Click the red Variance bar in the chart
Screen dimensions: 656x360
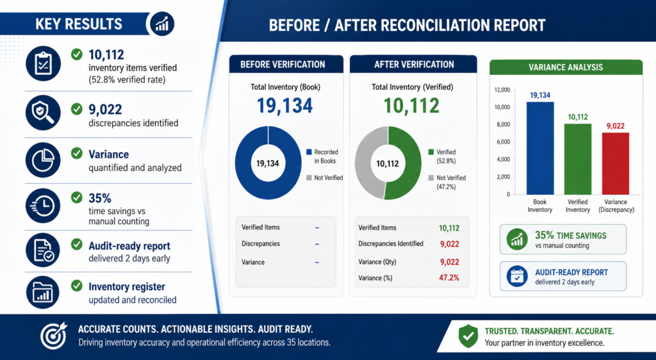click(x=616, y=163)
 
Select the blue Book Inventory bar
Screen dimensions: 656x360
click(x=539, y=149)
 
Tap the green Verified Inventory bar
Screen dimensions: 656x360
click(x=578, y=160)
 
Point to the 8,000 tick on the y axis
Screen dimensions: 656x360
click(x=502, y=125)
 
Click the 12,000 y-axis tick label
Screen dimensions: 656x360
click(x=502, y=90)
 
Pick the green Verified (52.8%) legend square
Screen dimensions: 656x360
click(x=431, y=152)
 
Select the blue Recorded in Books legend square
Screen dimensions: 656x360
click(x=309, y=152)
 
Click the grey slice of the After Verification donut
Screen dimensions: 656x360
click(x=363, y=163)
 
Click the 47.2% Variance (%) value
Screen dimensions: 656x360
click(x=449, y=277)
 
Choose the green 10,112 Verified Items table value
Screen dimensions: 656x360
click(x=449, y=228)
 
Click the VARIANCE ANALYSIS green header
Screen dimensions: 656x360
click(x=566, y=67)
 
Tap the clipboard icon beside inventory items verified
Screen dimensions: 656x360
click(x=43, y=63)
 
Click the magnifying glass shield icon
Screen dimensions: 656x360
click(x=43, y=113)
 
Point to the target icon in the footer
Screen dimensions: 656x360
click(x=54, y=335)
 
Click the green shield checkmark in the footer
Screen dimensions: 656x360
click(x=468, y=336)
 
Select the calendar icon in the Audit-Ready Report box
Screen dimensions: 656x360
click(x=517, y=276)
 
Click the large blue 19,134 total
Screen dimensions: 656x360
click(x=284, y=105)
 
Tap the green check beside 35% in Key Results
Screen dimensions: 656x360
click(x=77, y=197)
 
